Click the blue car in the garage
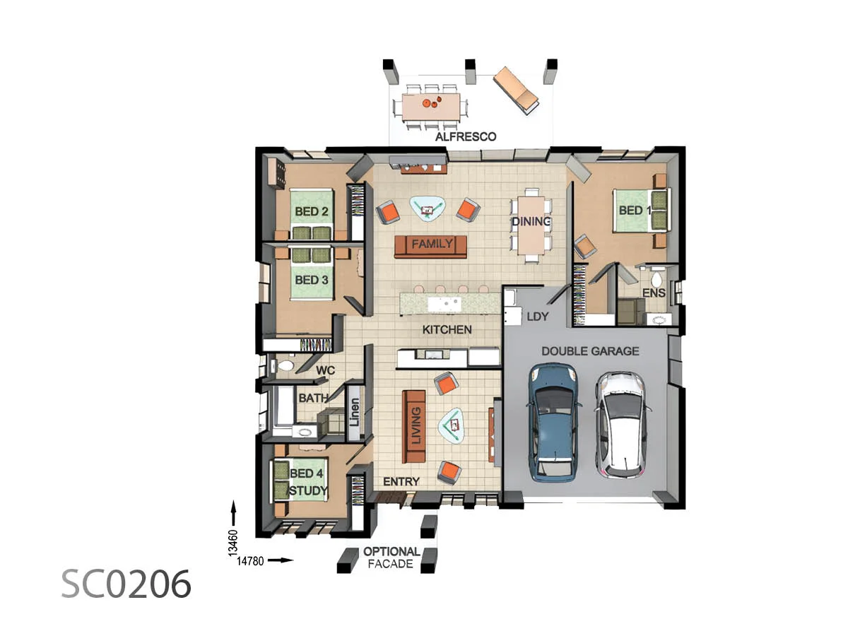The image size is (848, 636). click(555, 422)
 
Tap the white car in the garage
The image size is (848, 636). click(619, 423)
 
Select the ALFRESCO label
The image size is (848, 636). click(465, 137)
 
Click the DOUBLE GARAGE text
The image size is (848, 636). click(590, 351)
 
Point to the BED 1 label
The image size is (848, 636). click(631, 211)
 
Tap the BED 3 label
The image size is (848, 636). click(311, 280)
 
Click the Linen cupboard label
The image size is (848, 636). click(355, 416)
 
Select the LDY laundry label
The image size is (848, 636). click(537, 317)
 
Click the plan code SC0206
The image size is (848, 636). click(126, 584)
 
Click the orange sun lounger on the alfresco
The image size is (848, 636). click(516, 90)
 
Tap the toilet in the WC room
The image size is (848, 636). click(285, 366)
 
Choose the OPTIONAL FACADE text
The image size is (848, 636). click(391, 558)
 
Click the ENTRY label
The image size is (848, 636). click(401, 482)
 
